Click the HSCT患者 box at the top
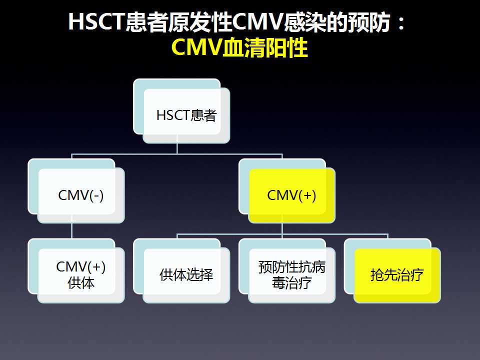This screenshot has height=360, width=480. [181, 111]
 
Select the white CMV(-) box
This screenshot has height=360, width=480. [76, 190]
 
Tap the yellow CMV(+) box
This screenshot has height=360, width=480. [287, 190]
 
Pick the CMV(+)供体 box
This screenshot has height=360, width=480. [76, 271]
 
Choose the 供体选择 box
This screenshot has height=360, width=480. [181, 271]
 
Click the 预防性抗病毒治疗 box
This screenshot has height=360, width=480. [287, 271]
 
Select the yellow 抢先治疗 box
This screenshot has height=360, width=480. [392, 271]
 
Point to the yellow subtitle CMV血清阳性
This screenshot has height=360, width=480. [239, 47]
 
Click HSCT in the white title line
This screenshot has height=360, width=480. [96, 21]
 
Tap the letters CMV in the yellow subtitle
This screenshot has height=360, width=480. [197, 47]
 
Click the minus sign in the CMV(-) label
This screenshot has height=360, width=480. [95, 196]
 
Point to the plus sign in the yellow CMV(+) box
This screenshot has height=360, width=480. [307, 195]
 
